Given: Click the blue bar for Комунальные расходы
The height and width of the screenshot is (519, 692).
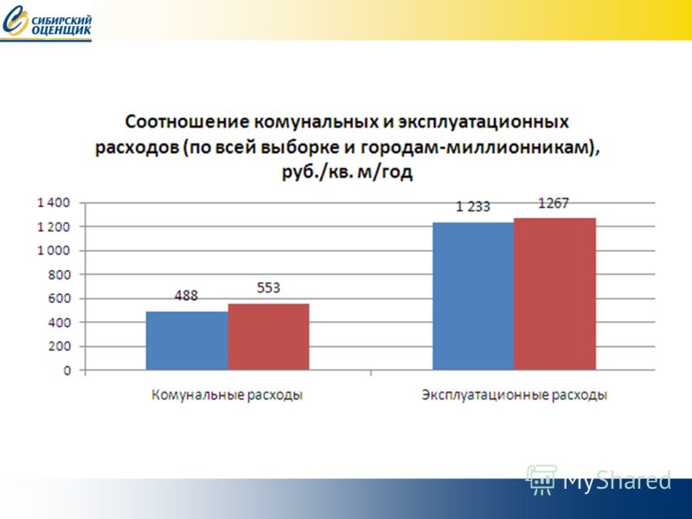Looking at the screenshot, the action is (x=187, y=341).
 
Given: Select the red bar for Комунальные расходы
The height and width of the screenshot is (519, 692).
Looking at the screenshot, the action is (x=269, y=336).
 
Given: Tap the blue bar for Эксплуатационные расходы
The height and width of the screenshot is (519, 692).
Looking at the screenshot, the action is (x=473, y=296).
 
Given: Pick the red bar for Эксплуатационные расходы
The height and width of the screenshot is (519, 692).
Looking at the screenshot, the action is (x=555, y=294).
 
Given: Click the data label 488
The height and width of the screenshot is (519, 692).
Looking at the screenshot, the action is (x=186, y=295).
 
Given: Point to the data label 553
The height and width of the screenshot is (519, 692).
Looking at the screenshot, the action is (x=268, y=288).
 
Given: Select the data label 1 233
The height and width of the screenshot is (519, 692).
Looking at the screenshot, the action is (x=472, y=207).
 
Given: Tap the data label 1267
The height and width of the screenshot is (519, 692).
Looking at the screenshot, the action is (x=554, y=203).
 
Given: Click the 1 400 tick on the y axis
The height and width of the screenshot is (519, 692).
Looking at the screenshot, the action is (x=54, y=202).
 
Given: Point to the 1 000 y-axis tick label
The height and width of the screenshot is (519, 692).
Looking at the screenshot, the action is (x=54, y=251).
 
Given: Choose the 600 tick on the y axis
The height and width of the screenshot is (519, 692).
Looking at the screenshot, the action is (x=59, y=298).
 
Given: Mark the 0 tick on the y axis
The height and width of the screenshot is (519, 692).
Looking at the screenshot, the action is (x=67, y=370).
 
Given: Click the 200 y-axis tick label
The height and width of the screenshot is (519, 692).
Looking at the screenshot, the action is (x=59, y=347).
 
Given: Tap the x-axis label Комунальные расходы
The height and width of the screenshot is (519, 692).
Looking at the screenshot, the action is (x=227, y=394).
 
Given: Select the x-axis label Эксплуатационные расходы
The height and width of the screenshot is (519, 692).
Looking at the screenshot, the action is (x=515, y=394).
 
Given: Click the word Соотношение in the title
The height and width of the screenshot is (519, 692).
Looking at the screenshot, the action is (x=187, y=121).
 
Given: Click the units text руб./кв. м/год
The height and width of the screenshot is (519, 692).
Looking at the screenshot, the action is (x=348, y=172).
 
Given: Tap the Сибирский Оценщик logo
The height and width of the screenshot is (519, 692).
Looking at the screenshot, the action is (x=47, y=23).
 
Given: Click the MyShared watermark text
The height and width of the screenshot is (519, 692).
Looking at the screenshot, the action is (x=617, y=480).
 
